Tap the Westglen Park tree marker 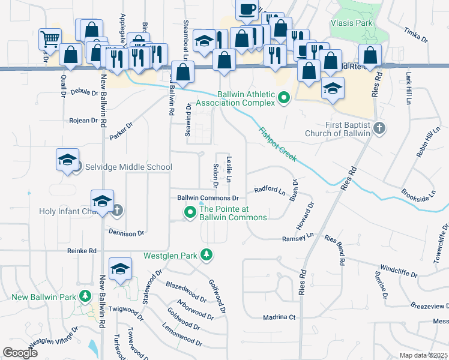(x=207, y=255)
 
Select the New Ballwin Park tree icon (x=85, y=296)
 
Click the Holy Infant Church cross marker (x=118, y=211)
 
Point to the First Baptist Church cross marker (x=378, y=128)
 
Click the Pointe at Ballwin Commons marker (x=191, y=212)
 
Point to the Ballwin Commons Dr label (x=208, y=198)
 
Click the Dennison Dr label (x=127, y=232)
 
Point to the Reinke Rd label (x=82, y=251)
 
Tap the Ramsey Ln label (x=298, y=238)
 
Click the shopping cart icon (x=49, y=39)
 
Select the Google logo (x=20, y=353)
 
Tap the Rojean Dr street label (x=83, y=121)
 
